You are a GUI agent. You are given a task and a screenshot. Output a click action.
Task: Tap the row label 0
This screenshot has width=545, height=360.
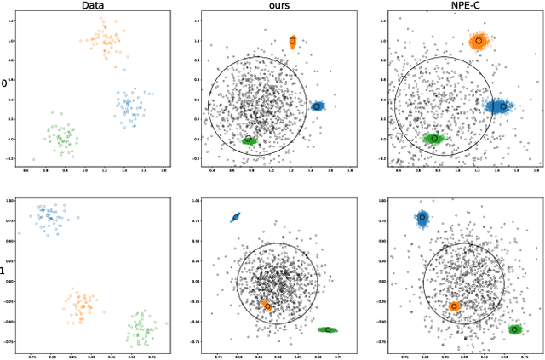(x=4, y=83)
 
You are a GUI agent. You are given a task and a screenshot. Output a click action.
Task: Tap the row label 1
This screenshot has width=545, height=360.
(x=4, y=271)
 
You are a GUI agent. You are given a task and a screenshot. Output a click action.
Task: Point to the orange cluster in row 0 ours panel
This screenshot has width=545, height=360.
(x=292, y=41)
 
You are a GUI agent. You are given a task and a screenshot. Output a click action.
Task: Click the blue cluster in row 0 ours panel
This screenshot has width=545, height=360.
(x=317, y=106)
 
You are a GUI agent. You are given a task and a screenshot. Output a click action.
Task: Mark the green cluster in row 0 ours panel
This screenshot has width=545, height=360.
(x=249, y=139)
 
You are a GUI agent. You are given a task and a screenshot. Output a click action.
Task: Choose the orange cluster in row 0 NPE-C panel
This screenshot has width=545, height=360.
(x=479, y=40)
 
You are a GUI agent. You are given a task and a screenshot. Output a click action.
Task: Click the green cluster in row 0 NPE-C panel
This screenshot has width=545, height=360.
(x=434, y=138)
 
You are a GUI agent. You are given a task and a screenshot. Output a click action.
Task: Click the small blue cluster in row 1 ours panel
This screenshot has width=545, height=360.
(x=236, y=218)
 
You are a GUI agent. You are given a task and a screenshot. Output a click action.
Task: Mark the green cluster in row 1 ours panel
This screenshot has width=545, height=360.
(x=328, y=329)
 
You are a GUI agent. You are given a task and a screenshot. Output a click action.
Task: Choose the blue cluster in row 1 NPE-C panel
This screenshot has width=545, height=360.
(x=422, y=218)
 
